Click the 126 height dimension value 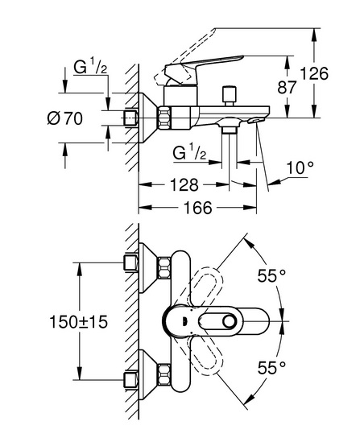(314, 74)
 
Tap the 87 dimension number (287, 87)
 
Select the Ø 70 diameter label (65, 118)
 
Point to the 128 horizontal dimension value (184, 184)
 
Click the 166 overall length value (197, 208)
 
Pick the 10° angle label (300, 167)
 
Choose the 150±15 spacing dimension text (79, 322)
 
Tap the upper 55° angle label (271, 276)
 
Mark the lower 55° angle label (271, 367)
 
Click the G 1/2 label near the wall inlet (90, 67)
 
